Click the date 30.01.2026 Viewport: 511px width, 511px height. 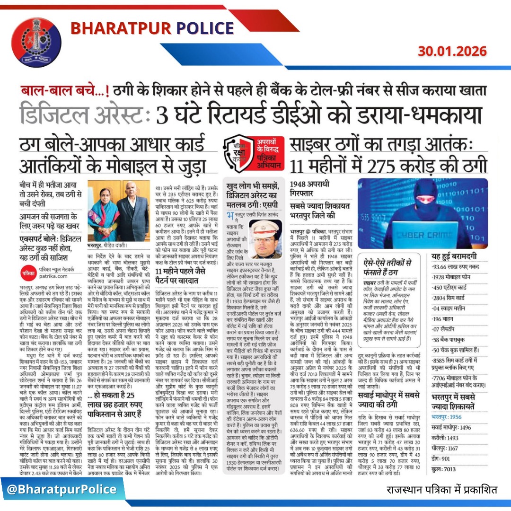tap(451, 51)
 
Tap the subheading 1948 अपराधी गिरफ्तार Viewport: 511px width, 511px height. tap(309, 188)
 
